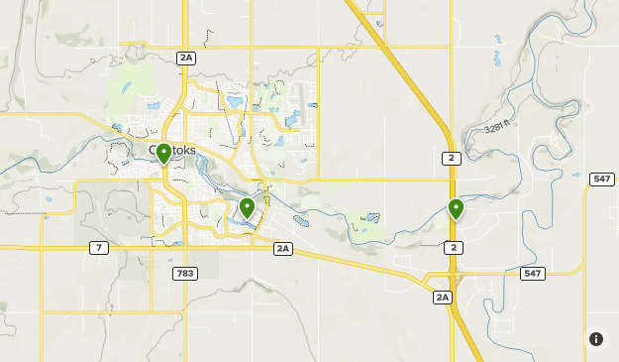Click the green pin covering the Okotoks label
click(x=163, y=154)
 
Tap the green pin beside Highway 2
click(x=456, y=208)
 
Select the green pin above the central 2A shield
click(x=247, y=207)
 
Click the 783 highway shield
click(x=181, y=273)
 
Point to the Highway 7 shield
click(x=99, y=247)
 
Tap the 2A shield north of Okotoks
click(x=186, y=58)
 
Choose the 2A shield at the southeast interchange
click(x=442, y=297)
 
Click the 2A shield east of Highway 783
click(x=283, y=248)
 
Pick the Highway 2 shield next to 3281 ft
click(x=451, y=158)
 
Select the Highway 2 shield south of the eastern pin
click(x=453, y=247)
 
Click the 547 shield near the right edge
click(x=601, y=179)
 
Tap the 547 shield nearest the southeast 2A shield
click(x=533, y=273)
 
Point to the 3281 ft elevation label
click(x=502, y=129)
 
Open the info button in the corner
click(x=596, y=339)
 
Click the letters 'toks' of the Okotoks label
click(x=184, y=151)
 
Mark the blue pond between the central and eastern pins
click(x=371, y=217)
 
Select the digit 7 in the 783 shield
click(x=175, y=273)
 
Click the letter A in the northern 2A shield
click(x=190, y=58)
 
